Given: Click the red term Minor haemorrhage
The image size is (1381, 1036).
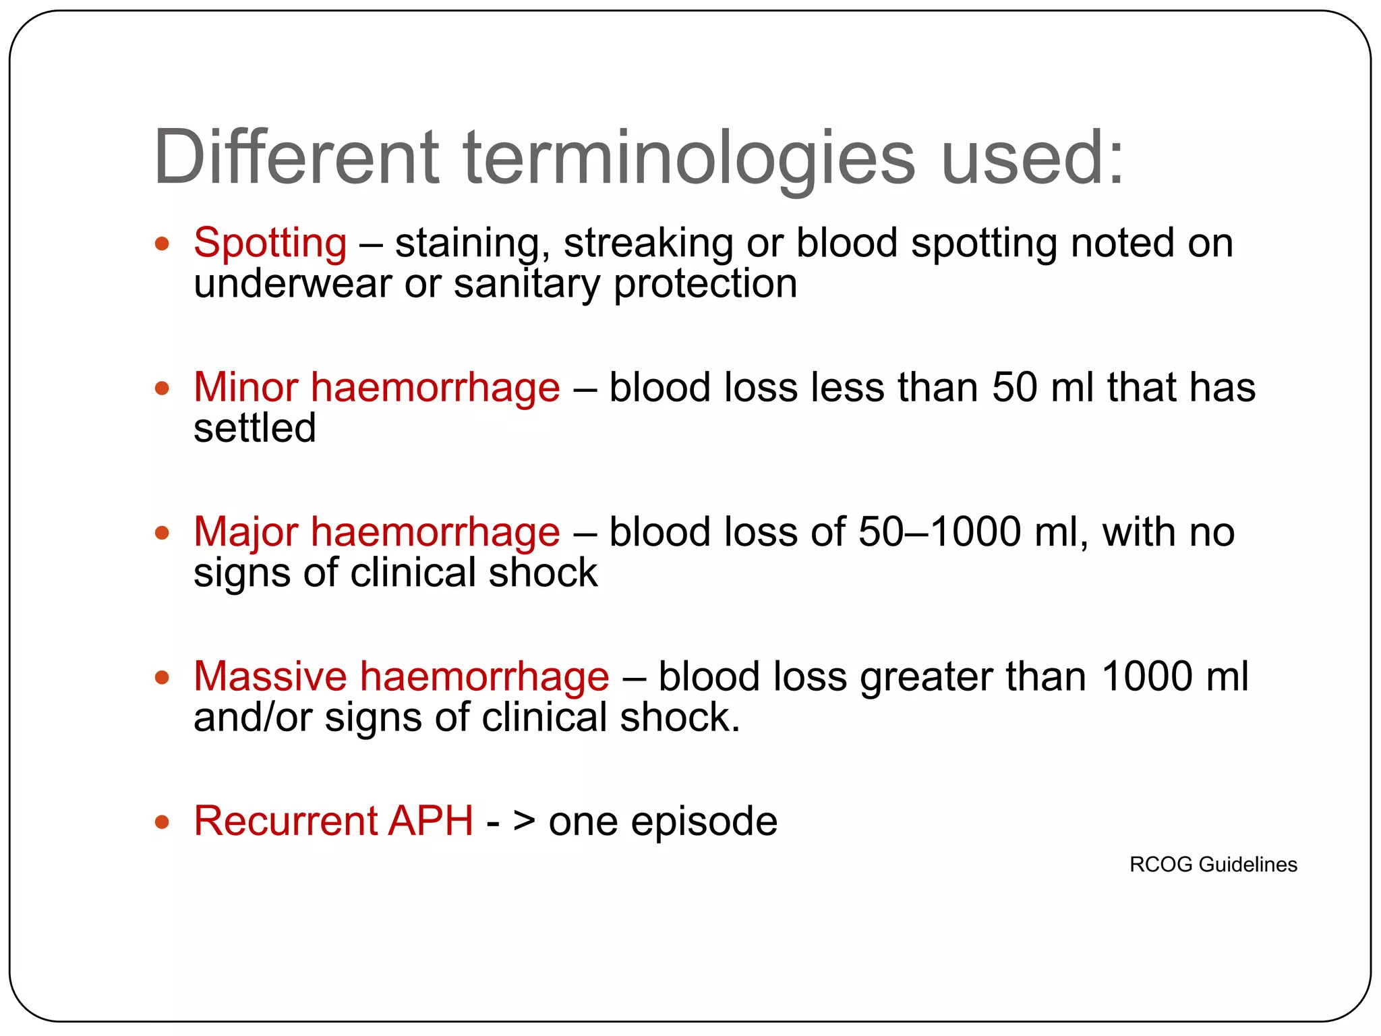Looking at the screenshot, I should [x=376, y=388].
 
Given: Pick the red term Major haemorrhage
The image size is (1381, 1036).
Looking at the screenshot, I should [x=376, y=532].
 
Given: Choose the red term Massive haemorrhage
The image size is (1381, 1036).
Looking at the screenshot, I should [x=401, y=677].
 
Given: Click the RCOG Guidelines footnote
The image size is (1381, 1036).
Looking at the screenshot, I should [x=1212, y=865].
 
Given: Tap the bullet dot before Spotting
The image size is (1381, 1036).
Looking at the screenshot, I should [x=162, y=243].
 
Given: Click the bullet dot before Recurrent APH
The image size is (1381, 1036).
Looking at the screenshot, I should [x=162, y=822].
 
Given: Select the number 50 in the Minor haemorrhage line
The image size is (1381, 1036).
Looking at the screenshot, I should [x=1014, y=388].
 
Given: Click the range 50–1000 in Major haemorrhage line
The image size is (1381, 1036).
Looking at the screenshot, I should [x=940, y=532].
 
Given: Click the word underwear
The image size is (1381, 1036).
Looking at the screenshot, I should [x=292, y=284].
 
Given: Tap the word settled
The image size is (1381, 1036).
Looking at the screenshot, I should [x=254, y=428].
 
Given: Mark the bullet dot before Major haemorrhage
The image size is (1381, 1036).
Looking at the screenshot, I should [x=162, y=533].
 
